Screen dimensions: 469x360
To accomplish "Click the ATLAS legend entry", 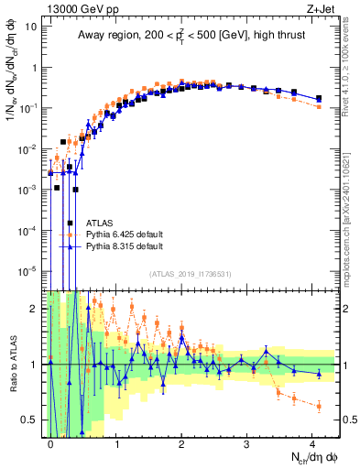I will [100, 223].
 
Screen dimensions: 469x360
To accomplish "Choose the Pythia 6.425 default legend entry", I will [125, 234].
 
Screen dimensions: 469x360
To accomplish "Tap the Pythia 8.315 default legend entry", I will [125, 246].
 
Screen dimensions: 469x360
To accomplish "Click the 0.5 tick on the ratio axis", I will [31, 420].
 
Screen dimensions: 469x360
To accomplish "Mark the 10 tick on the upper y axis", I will [31, 27].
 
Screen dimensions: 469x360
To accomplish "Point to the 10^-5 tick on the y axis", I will [27, 270].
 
